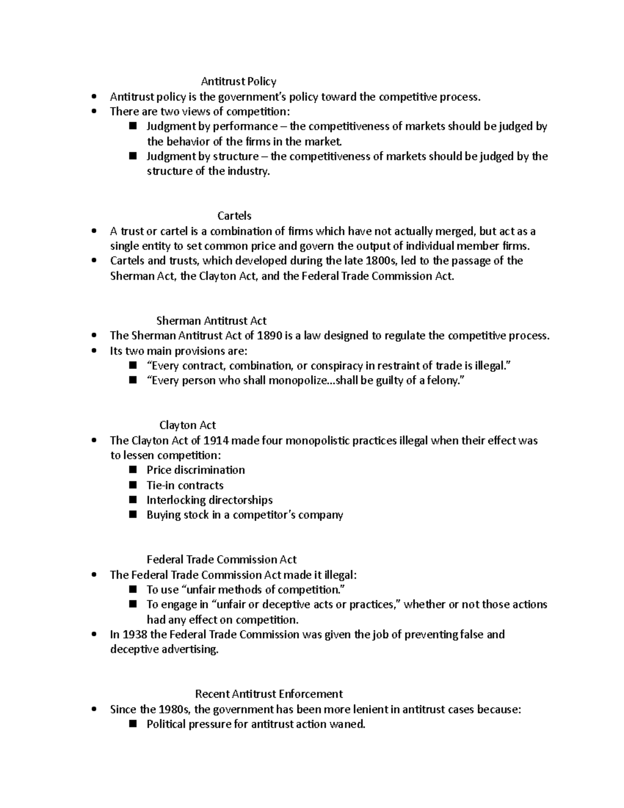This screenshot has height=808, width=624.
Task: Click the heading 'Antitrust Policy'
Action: (x=239, y=81)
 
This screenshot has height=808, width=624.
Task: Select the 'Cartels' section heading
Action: (x=235, y=215)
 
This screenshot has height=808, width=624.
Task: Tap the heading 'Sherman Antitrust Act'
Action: (x=211, y=320)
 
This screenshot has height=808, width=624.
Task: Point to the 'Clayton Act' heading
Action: (x=187, y=425)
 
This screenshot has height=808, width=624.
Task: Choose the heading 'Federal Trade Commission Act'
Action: (x=222, y=559)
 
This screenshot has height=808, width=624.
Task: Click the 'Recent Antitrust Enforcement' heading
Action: (x=269, y=694)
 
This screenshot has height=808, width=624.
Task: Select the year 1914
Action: (x=216, y=440)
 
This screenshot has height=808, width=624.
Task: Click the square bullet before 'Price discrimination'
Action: (x=133, y=470)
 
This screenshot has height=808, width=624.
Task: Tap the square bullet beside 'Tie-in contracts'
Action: (x=133, y=485)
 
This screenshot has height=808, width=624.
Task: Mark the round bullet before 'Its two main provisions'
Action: (x=94, y=351)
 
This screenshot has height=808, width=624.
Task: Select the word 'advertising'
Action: (x=190, y=649)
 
